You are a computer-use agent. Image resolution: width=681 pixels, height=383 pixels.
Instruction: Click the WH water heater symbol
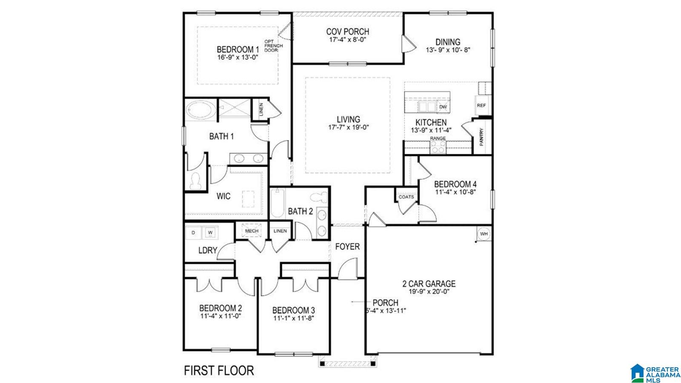[484, 233]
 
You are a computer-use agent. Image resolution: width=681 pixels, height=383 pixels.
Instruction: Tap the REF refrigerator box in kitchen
[481, 105]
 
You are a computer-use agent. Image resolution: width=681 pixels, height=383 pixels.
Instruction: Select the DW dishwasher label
[443, 107]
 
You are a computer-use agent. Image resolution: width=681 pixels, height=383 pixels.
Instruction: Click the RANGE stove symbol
[438, 147]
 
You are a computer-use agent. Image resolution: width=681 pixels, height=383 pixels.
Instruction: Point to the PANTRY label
[481, 137]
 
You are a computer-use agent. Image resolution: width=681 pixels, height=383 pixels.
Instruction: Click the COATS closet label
[406, 197]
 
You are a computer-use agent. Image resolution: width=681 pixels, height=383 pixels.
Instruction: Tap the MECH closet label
[252, 231]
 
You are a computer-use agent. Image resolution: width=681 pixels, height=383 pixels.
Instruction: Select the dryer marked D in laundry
[193, 233]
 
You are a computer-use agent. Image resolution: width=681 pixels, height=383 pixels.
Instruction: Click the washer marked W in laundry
[210, 233]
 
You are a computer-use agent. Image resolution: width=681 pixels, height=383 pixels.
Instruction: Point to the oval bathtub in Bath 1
[200, 110]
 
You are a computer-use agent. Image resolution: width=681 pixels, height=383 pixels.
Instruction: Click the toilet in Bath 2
[319, 197]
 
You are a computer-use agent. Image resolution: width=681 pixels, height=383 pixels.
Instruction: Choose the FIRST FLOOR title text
[219, 371]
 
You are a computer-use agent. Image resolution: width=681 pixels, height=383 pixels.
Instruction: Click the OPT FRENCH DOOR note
[273, 46]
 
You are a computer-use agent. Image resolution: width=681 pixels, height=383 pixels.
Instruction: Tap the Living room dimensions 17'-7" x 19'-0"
[349, 127]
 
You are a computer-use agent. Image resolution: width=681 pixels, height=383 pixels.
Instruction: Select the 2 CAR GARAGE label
[429, 284]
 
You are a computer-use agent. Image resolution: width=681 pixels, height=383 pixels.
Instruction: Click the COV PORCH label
[347, 32]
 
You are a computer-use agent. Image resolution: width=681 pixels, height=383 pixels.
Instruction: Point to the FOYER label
[347, 246]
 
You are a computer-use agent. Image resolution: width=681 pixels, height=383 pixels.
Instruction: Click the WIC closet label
[223, 196]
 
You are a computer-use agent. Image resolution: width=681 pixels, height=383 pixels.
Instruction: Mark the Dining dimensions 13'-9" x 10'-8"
[448, 50]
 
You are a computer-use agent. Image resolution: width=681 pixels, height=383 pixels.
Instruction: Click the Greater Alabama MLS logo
[655, 373]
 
